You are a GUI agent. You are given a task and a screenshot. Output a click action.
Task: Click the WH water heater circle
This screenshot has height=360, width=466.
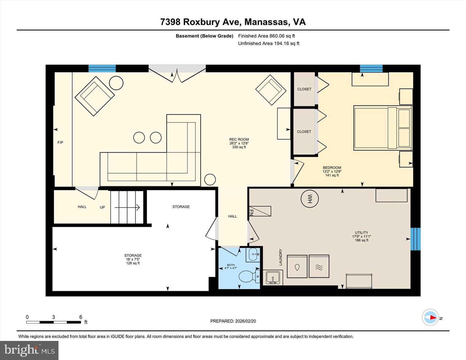coord(310,199)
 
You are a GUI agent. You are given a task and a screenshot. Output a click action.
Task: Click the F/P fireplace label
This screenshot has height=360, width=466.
coord(60,142)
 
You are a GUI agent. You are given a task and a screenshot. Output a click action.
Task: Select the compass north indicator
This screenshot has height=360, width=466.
coord(430,317)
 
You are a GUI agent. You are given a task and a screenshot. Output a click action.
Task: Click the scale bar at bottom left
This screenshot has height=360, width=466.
coord(53,322)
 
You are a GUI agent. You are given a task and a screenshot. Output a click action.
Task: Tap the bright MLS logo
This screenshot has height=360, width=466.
coord(29,350)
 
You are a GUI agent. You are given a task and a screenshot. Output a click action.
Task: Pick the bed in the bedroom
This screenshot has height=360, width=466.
coord(383,128)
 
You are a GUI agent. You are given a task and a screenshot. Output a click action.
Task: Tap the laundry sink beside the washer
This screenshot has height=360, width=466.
coord(273,278)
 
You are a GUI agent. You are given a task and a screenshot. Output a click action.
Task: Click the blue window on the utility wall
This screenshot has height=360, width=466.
coord(415,239)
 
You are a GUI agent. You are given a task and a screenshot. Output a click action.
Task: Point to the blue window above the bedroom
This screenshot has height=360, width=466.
coord(371,68)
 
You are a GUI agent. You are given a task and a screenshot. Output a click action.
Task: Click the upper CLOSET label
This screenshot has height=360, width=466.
coord(304,89)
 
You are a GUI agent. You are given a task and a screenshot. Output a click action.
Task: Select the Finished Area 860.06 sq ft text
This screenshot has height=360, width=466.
coord(266,36)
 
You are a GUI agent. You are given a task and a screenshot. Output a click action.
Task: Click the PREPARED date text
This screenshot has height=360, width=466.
coord(233,321)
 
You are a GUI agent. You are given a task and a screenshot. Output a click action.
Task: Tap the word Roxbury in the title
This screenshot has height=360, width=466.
coord(211,22)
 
